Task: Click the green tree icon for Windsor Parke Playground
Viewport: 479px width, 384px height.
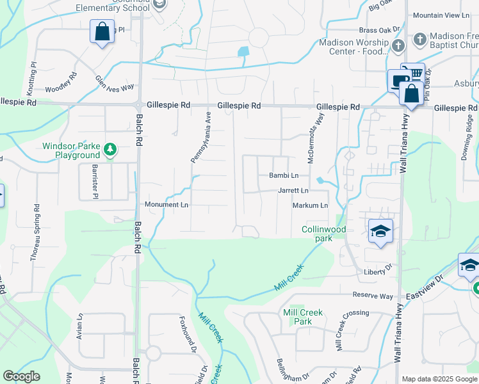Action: click(111, 150)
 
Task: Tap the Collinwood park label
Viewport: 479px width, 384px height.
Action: click(324, 234)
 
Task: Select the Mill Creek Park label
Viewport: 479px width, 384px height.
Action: click(302, 317)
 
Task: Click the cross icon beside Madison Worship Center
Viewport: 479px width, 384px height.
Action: click(398, 45)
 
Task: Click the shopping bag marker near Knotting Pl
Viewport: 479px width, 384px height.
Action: click(102, 31)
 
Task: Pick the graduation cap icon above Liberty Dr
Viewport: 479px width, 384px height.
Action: click(380, 231)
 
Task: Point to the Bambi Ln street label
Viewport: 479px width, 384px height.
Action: click(284, 175)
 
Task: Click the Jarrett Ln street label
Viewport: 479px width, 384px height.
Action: click(293, 191)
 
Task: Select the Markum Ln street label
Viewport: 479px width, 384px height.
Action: click(311, 205)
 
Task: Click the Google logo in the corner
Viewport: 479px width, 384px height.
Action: click(22, 376)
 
